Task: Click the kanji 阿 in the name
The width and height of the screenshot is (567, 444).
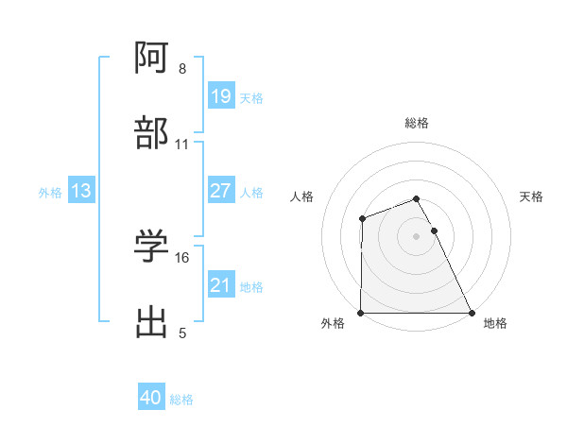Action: (151, 60)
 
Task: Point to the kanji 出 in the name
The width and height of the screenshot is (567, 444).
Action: (151, 322)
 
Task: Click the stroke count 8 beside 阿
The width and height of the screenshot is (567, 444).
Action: (181, 69)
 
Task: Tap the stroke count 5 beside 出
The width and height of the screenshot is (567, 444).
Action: (181, 333)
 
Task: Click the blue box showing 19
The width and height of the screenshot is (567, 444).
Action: (220, 96)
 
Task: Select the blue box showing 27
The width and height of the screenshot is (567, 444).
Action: (220, 191)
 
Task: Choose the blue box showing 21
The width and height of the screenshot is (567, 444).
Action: (220, 285)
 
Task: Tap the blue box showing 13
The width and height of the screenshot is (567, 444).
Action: (80, 191)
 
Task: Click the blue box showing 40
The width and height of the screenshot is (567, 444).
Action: (151, 398)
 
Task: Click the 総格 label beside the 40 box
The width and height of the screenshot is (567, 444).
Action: (181, 400)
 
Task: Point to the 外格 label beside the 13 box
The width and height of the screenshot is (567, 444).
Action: (50, 193)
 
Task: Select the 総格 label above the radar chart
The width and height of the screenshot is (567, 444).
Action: (417, 123)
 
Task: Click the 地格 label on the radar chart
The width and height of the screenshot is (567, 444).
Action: (495, 323)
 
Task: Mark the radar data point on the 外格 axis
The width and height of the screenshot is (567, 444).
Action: (361, 313)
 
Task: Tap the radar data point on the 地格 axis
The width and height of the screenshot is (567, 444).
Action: (472, 313)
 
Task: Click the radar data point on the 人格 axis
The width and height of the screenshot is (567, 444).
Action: (362, 219)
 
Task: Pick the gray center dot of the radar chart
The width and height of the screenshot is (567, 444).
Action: (417, 236)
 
